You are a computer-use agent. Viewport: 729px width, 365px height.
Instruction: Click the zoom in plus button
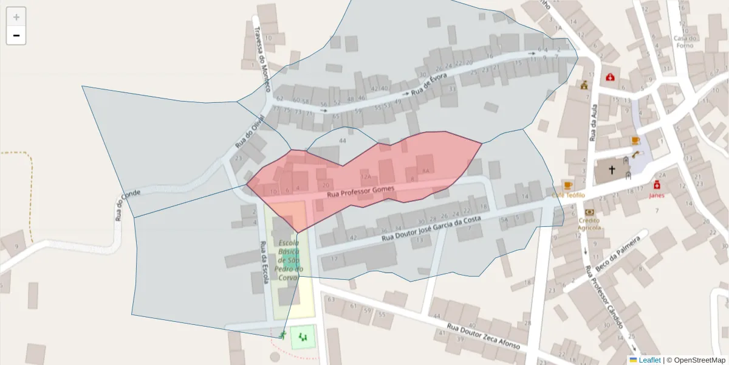click(16, 17)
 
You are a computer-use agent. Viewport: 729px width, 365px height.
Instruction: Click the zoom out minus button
click(16, 35)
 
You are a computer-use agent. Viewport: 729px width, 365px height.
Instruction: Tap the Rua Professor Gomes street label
click(360, 192)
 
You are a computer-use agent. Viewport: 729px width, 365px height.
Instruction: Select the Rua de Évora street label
click(428, 85)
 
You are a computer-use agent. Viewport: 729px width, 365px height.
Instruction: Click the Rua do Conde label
click(128, 205)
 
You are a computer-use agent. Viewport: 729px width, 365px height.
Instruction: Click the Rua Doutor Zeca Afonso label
click(484, 336)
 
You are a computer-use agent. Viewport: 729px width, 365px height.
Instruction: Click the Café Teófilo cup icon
click(568, 185)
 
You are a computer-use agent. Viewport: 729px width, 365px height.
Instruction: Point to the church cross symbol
click(612, 170)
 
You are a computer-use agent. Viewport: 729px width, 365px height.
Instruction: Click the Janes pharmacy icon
click(657, 185)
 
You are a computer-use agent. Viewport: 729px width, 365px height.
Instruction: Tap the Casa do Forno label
click(685, 42)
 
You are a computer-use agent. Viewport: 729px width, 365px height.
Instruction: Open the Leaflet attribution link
click(649, 360)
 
